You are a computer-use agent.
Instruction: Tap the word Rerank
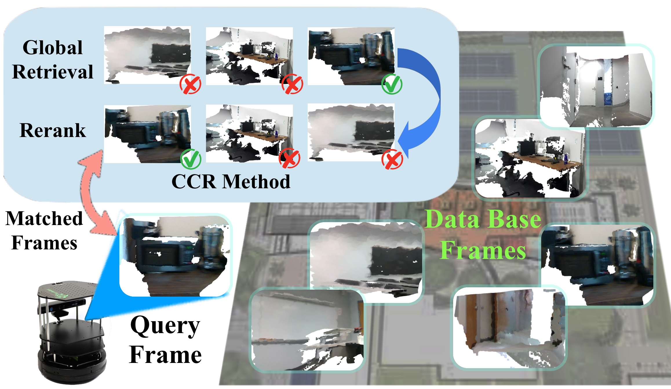tap(53, 130)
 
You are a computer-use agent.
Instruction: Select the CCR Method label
tap(231, 182)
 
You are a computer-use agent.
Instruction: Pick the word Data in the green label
tap(452, 219)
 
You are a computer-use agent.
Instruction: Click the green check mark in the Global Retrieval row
tap(392, 84)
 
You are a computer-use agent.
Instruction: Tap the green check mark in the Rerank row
tap(191, 158)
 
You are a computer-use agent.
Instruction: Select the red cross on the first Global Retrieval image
tap(190, 84)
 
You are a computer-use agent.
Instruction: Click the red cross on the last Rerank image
tap(392, 159)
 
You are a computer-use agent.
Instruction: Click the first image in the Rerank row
tap(147, 134)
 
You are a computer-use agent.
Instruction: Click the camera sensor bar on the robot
tap(62, 307)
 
